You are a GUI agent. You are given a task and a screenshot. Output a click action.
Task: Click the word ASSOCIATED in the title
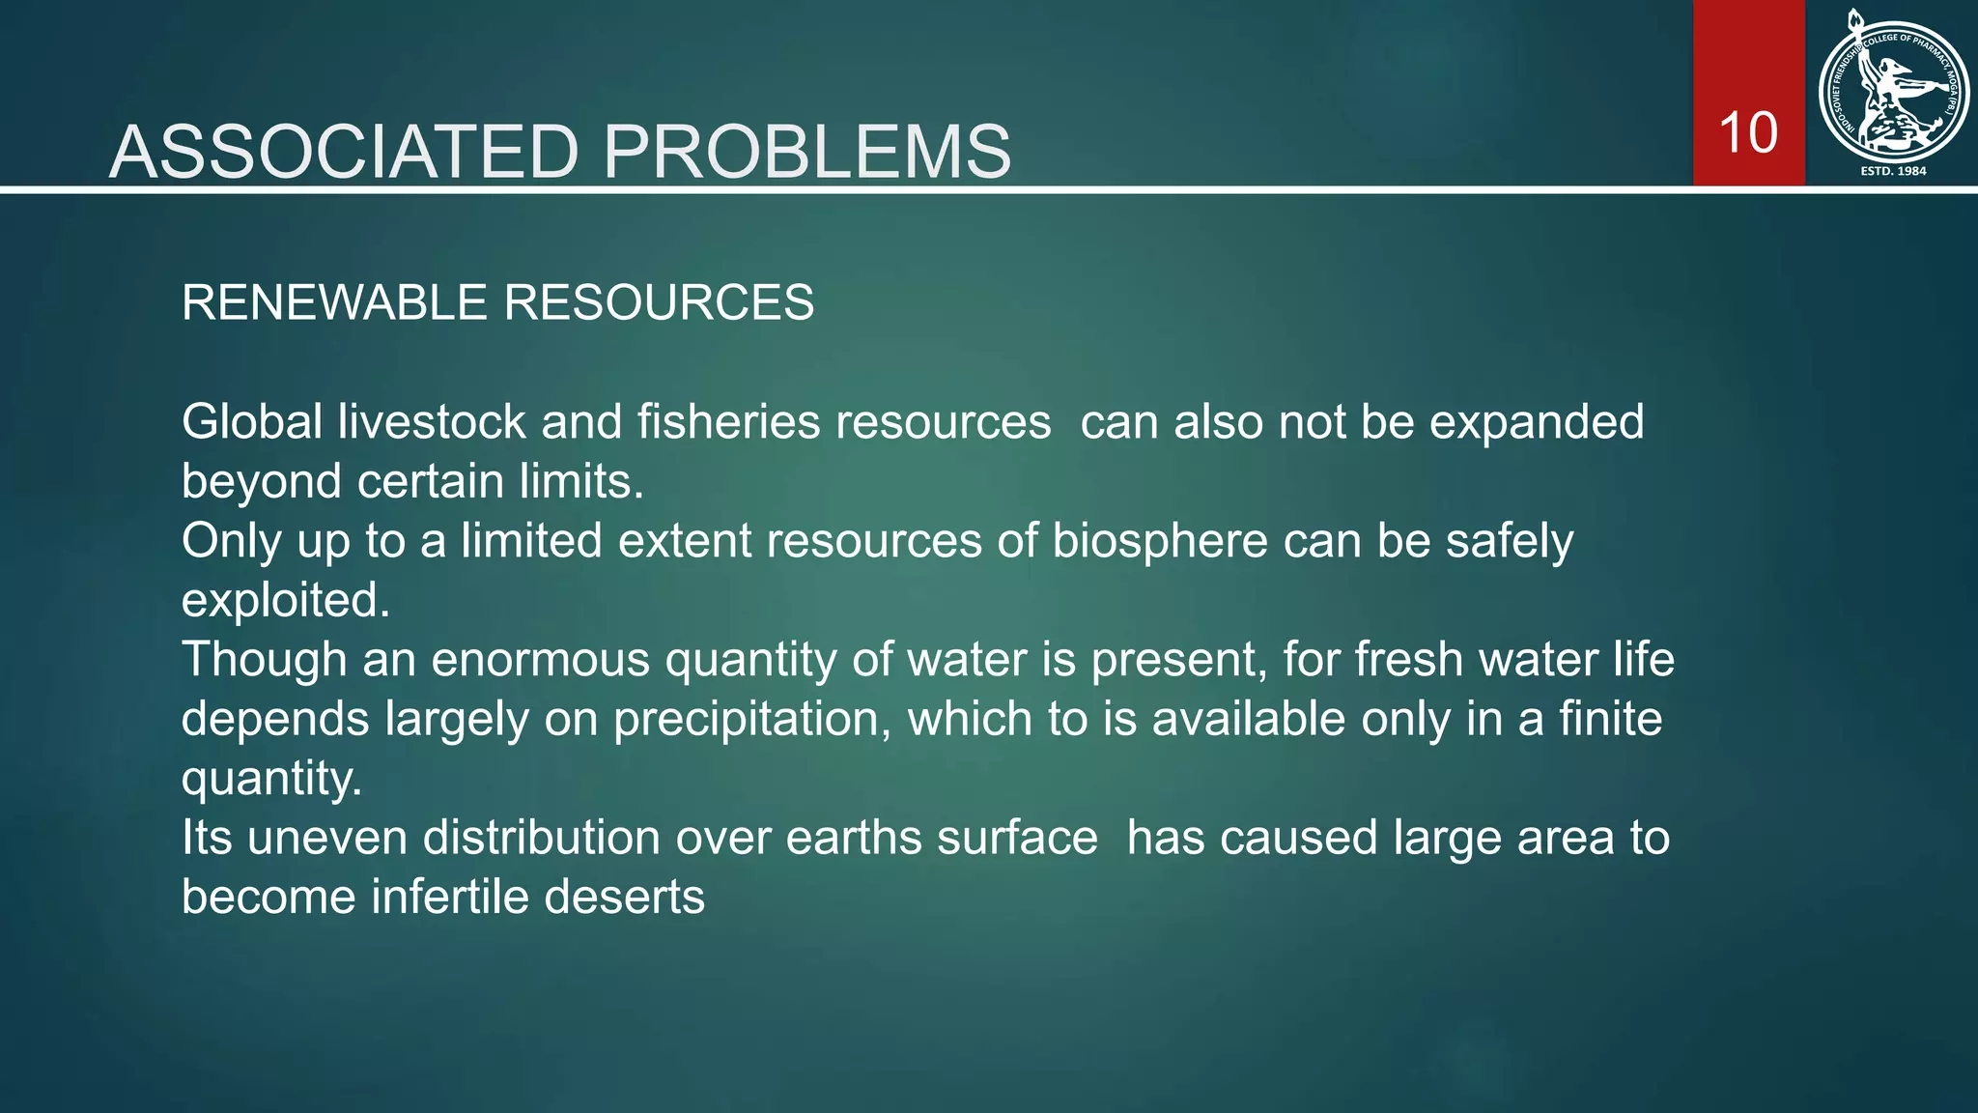tap(344, 152)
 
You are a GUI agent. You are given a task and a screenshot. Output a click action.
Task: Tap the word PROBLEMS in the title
tap(806, 152)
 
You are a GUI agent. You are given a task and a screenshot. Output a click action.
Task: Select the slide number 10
tap(1748, 132)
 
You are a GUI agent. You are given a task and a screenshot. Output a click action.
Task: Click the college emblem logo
tap(1893, 91)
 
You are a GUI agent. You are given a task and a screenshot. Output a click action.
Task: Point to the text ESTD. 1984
tap(1893, 171)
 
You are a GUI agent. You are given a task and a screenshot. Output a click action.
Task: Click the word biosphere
tap(1159, 541)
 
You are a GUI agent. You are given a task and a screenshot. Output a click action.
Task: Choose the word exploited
tap(286, 601)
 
